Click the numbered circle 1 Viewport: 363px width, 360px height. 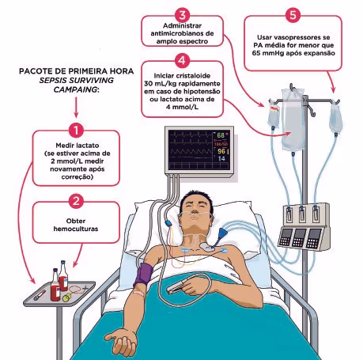pos(76,131)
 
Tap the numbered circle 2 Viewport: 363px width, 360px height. pos(76,202)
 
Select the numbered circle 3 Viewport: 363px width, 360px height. pos(183,15)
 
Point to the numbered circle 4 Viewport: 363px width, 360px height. pos(182,61)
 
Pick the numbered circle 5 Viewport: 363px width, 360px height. pos(293,15)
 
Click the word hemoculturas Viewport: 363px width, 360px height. pos(76,229)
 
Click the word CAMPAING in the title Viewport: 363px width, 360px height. pos(75,89)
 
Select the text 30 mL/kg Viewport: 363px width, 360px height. pos(160,84)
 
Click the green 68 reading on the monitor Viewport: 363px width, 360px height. pos(221,135)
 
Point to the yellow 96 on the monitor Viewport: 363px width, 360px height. pos(221,151)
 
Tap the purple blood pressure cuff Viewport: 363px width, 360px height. pos(143,275)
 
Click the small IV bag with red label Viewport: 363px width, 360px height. pos(274,115)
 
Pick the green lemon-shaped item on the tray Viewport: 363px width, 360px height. pos(66,297)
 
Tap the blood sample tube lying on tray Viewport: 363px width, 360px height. pos(40,295)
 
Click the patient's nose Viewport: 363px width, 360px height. pos(195,209)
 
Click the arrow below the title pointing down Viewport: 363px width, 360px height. pos(76,108)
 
